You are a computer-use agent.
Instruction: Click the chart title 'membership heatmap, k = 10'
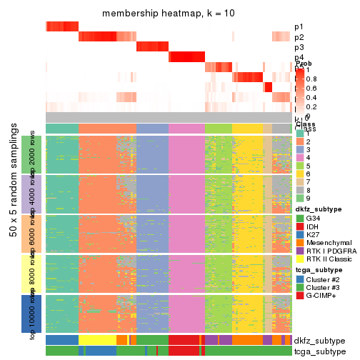coord(169,14)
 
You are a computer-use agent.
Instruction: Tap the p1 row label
coord(299,27)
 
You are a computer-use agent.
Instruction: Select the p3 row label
coord(299,47)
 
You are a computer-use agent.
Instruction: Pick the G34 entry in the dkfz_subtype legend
coord(319,218)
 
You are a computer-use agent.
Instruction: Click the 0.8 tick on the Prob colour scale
coord(313,79)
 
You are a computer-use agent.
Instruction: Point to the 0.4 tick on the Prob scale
coord(313,97)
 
